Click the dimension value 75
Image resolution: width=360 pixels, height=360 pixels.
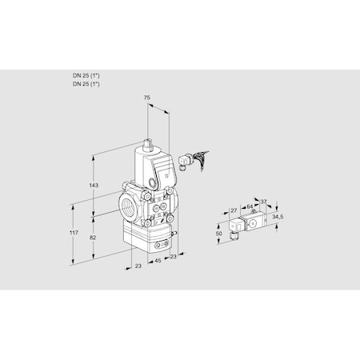click(145, 97)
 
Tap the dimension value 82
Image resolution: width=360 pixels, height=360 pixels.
click(94, 238)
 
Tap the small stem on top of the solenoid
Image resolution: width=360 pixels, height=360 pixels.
click(149, 144)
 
